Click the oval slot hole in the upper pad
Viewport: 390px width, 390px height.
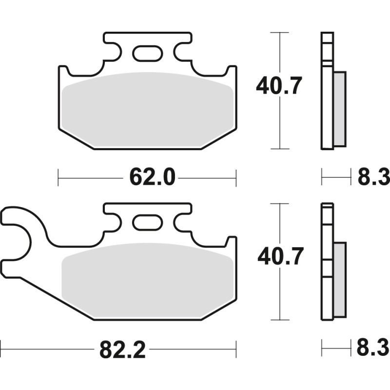click(147, 53)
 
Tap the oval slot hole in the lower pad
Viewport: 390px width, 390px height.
click(147, 222)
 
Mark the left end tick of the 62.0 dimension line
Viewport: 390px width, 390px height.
click(58, 177)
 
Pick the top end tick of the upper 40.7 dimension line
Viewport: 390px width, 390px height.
click(279, 33)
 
